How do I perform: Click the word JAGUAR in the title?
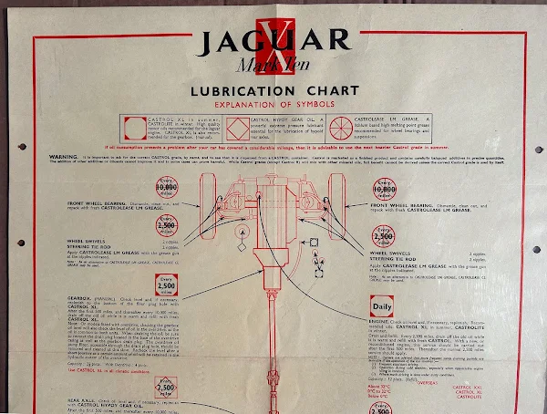[273, 41]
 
